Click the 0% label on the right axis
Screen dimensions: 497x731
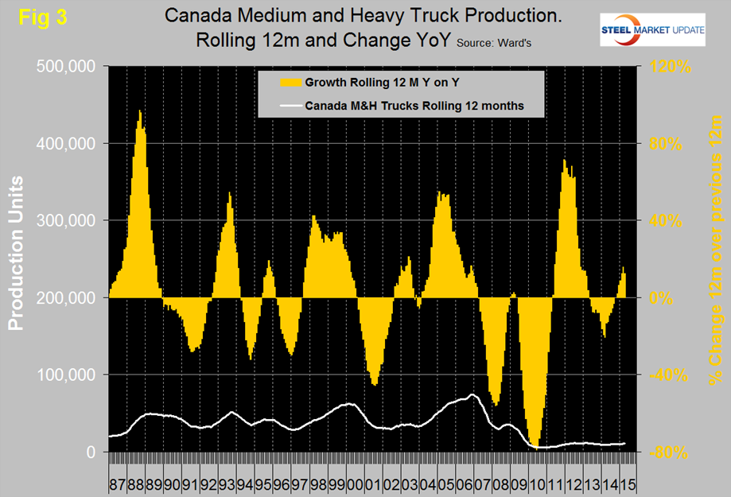[x=663, y=297]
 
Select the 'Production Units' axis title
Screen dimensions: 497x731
[x=17, y=254]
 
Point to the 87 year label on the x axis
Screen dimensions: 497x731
[x=117, y=483]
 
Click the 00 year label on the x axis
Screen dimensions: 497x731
[x=352, y=483]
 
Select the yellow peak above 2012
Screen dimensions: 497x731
[x=564, y=162]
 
